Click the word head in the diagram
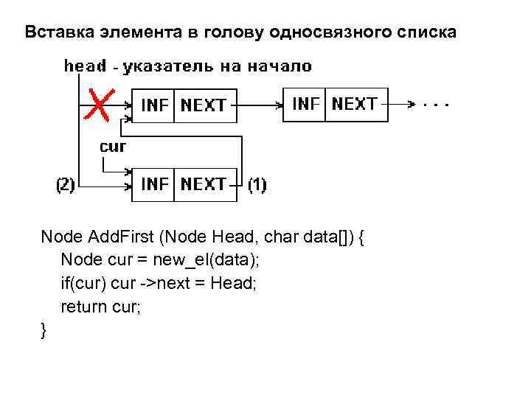(x=85, y=66)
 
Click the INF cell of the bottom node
(x=154, y=184)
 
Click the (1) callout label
(x=257, y=185)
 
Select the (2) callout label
(x=66, y=185)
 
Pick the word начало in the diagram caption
(x=283, y=66)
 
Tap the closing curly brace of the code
(x=44, y=331)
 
